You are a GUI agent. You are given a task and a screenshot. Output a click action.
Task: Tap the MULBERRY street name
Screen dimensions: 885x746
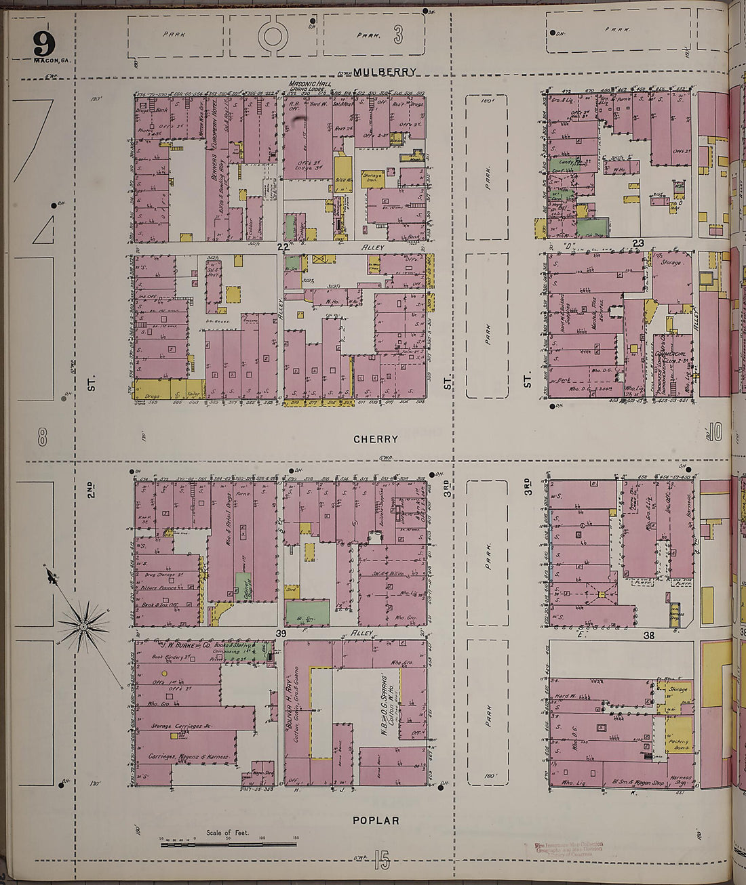tap(384, 72)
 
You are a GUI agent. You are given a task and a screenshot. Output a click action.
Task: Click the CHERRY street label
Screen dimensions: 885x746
tap(375, 439)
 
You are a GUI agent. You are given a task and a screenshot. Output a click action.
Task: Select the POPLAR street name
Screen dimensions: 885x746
tap(375, 821)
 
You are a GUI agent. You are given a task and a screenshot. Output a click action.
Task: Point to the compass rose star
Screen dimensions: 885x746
tap(83, 626)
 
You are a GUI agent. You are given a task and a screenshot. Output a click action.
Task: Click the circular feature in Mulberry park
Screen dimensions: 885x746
tap(273, 35)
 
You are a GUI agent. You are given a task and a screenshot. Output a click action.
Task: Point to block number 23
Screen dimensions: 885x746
tap(637, 243)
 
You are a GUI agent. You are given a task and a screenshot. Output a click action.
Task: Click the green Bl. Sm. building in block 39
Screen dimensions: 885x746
tap(307, 612)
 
